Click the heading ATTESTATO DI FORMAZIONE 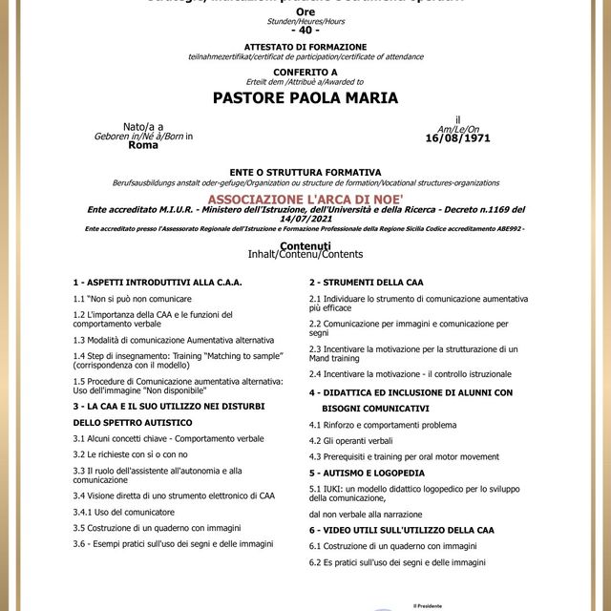pyautogui.click(x=305, y=45)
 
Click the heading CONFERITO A pyautogui.click(x=305, y=71)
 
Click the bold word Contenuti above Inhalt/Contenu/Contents pyautogui.click(x=305, y=245)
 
